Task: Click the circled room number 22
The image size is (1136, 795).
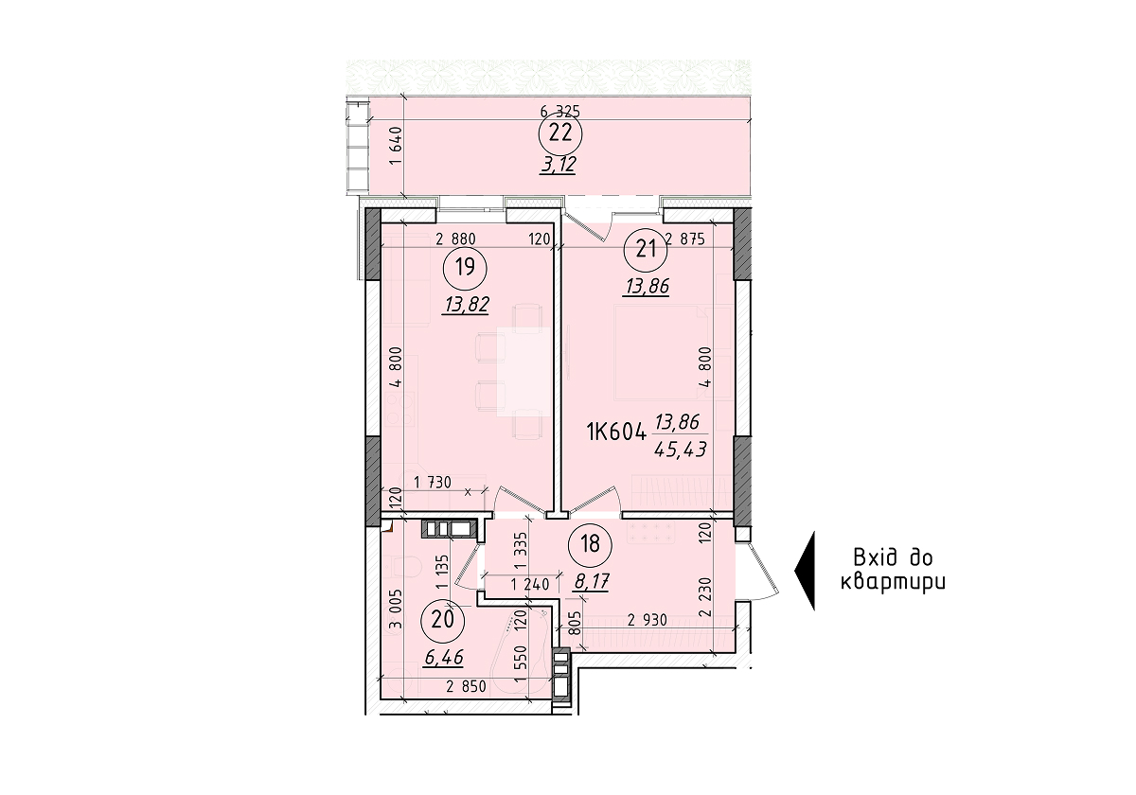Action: point(560,133)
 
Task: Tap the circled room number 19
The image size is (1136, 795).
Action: point(464,267)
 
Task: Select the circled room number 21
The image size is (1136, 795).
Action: point(647,250)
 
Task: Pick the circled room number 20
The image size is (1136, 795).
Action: point(442,620)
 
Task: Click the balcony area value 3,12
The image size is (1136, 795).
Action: point(559,164)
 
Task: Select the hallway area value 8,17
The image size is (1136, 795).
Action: point(592,579)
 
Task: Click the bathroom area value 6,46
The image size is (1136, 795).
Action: point(444,655)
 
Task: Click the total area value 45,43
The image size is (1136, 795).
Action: point(680,450)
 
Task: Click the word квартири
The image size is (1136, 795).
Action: point(894,582)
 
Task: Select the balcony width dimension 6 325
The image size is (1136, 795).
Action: point(559,111)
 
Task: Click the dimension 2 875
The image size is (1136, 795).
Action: point(685,239)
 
